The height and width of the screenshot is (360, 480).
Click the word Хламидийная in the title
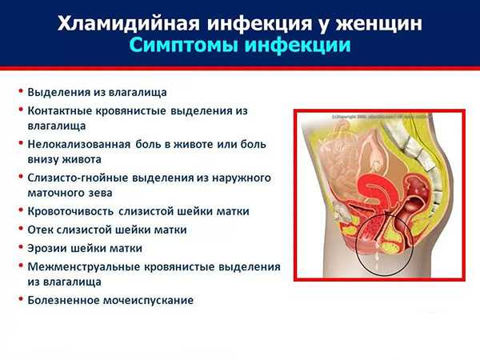pos(128,23)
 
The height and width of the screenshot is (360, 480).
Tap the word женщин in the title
pos(378,24)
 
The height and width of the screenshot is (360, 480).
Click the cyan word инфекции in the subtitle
pos(298,46)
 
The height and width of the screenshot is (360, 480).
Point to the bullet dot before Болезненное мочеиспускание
pos(21,298)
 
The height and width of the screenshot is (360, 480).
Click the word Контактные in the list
pos(59,110)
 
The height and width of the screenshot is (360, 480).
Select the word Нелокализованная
pos(79,144)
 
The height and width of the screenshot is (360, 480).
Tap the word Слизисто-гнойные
pos(78,178)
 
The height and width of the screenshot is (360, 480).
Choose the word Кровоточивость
pos(70,211)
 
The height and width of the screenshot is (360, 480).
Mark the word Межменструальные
pos(83,266)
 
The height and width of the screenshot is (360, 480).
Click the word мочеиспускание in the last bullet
pos(148,300)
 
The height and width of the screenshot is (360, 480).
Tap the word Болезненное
pos(63,300)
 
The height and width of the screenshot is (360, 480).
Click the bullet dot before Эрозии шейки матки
pos(21,246)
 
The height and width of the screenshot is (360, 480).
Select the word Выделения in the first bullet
pos(58,92)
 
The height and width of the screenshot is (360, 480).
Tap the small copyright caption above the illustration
pos(381,117)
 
